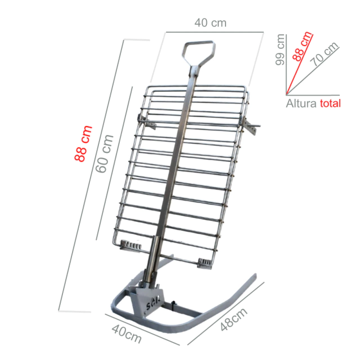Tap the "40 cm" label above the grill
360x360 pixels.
(x=210, y=22)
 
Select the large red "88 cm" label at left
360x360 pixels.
(x=83, y=143)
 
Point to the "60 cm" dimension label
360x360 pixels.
(x=105, y=154)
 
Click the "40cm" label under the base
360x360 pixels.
(x=127, y=334)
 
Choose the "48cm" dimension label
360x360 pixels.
(x=234, y=319)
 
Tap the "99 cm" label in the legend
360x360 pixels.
(x=280, y=49)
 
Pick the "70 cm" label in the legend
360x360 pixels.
(x=324, y=54)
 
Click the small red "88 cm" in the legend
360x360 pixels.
(x=303, y=46)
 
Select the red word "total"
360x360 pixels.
(x=330, y=103)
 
